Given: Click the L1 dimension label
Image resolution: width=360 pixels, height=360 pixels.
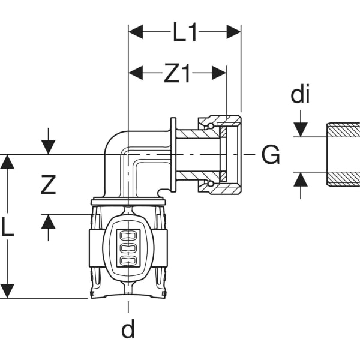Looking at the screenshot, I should point(185,32).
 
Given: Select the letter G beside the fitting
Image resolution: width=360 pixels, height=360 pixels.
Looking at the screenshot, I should point(271,155).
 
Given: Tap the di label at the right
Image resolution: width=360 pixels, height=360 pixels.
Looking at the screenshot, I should point(300,94).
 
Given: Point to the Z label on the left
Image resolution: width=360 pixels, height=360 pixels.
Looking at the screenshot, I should point(48,185).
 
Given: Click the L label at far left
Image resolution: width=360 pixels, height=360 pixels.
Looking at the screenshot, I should point(7,227).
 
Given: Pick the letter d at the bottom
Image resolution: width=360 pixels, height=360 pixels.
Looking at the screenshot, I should point(128,329).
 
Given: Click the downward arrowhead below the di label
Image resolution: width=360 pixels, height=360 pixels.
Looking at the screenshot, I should point(300,130).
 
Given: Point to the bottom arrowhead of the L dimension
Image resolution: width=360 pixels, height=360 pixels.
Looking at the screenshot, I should point(7,291).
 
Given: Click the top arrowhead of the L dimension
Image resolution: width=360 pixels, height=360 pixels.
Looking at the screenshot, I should point(7,161).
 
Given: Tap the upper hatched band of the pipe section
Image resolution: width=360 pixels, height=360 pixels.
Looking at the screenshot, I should point(343,130).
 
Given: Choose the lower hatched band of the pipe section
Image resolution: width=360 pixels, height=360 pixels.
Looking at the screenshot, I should point(343,179).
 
